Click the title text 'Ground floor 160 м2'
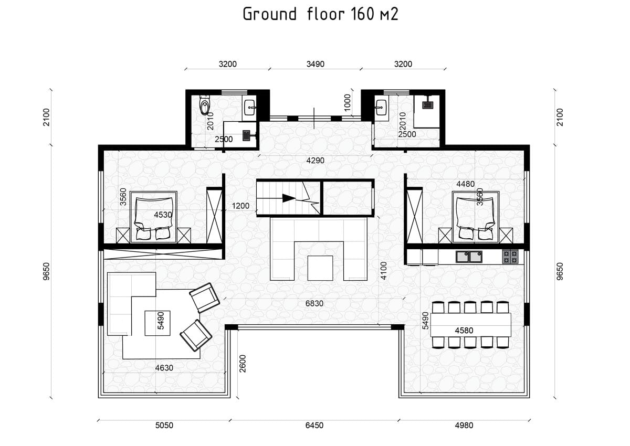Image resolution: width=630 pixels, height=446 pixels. [320, 14]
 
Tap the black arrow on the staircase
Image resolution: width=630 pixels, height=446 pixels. [289, 198]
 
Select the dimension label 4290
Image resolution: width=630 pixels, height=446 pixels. [316, 161]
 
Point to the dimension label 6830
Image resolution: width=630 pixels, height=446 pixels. [314, 303]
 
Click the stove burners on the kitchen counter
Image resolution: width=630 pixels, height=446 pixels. [510, 257]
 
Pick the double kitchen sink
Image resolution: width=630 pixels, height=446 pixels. [469, 257]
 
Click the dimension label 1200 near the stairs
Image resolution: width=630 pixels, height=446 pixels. [240, 206]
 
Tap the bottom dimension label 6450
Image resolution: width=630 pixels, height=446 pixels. [314, 425]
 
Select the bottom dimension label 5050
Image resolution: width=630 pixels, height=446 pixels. [164, 425]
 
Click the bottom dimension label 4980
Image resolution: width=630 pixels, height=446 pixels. [464, 425]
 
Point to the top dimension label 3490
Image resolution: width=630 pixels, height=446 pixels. [316, 64]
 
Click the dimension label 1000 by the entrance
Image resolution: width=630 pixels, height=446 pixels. [348, 102]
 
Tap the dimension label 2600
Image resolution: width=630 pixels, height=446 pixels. [243, 364]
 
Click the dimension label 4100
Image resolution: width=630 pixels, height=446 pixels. [383, 271]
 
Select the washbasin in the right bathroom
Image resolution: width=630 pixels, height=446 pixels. [382, 108]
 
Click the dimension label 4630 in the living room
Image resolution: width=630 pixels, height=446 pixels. [164, 368]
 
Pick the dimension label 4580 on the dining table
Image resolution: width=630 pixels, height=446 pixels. [464, 330]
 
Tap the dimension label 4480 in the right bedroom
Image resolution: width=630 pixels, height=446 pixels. [466, 184]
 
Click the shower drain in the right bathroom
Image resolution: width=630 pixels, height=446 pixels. [427, 105]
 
